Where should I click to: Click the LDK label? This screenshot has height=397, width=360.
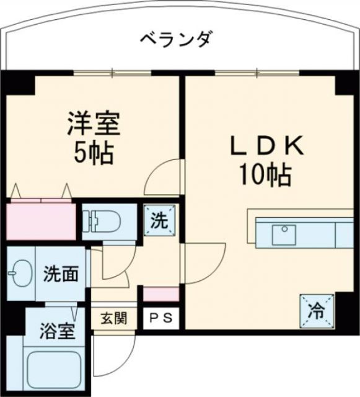point(266,146)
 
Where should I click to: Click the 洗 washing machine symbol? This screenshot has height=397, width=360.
point(160,220)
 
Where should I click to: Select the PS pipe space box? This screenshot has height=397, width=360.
point(160,319)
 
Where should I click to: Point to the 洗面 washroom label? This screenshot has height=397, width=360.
point(61,274)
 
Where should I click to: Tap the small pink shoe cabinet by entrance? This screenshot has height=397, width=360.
point(160,294)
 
